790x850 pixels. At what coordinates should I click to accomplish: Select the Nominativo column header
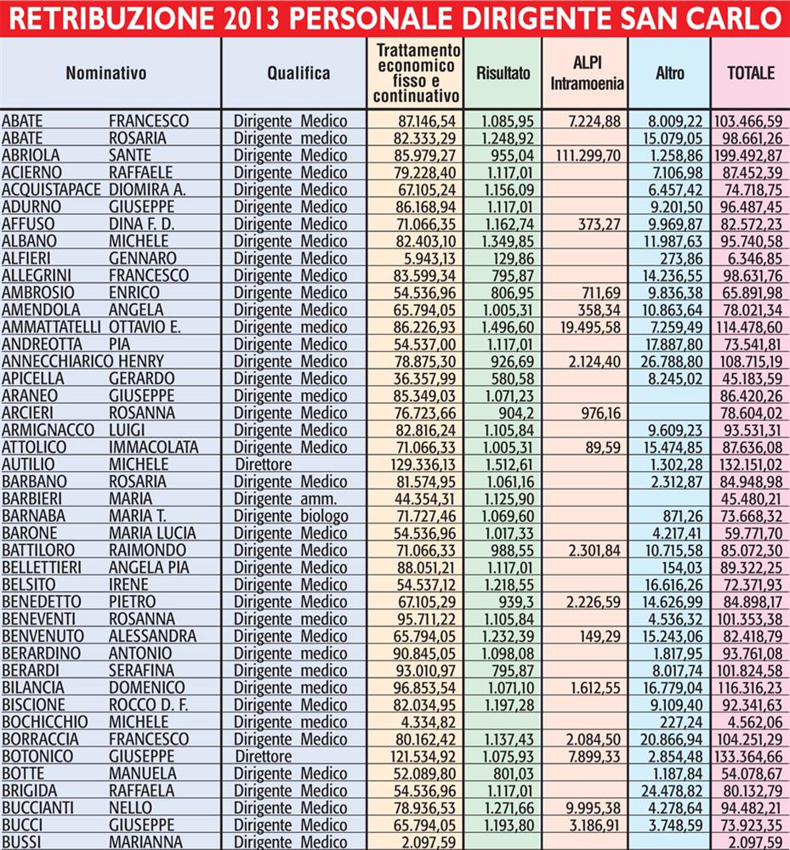tap(106, 73)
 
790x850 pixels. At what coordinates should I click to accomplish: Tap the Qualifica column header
tap(298, 73)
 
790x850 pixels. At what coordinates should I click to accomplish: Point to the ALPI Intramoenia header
tap(588, 74)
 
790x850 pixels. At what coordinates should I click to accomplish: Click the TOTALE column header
tap(751, 73)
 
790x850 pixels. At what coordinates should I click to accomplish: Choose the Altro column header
tap(670, 73)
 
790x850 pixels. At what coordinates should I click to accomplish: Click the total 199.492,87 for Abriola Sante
tap(749, 156)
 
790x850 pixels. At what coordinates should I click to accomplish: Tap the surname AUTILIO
tap(28, 464)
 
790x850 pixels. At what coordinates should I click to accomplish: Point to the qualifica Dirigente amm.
tap(284, 498)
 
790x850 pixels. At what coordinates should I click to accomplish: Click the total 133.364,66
tap(749, 756)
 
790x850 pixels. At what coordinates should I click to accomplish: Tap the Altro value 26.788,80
tap(671, 360)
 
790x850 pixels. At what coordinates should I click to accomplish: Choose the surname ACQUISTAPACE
tap(52, 190)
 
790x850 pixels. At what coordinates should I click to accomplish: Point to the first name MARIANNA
tap(141, 841)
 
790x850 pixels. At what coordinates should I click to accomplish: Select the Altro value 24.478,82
tap(671, 790)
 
